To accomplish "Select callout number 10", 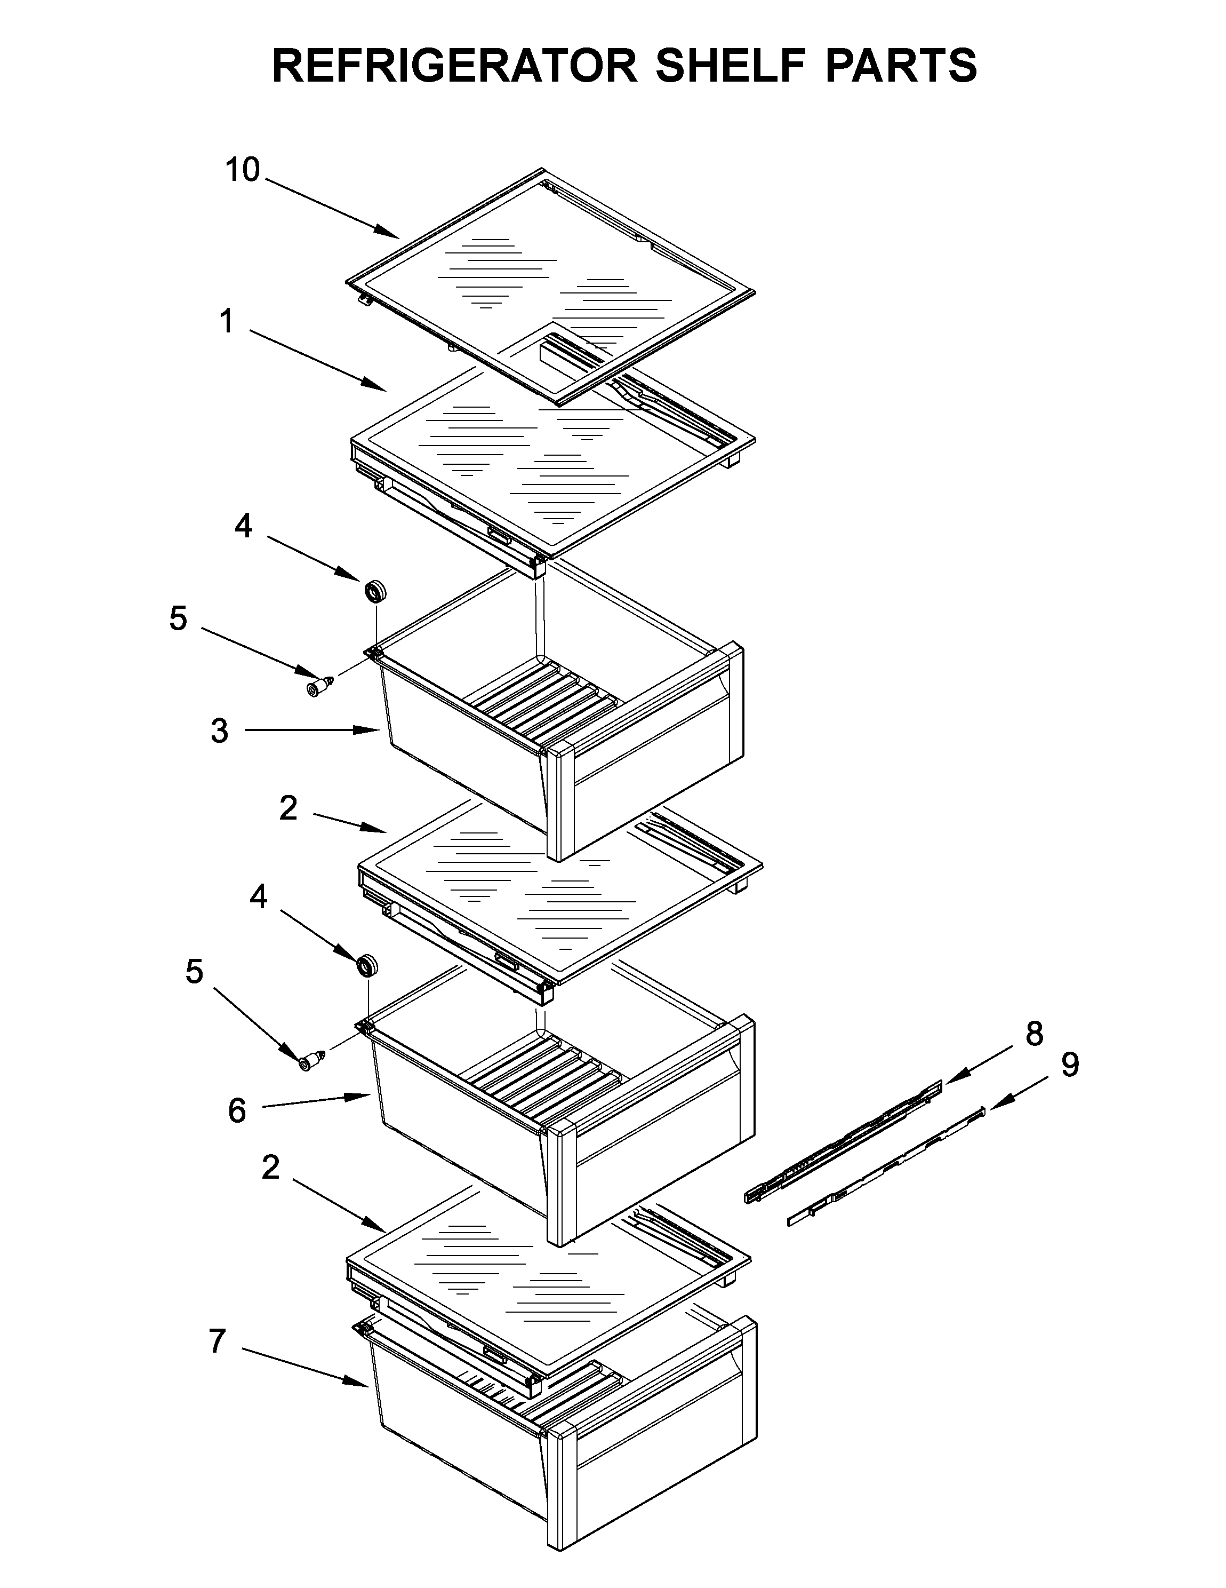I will pos(242,170).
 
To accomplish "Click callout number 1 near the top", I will pos(227,321).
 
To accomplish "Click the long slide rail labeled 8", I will pos(843,1143).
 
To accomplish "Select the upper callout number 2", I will pos(289,808).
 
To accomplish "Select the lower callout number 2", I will pos(270,1168).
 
